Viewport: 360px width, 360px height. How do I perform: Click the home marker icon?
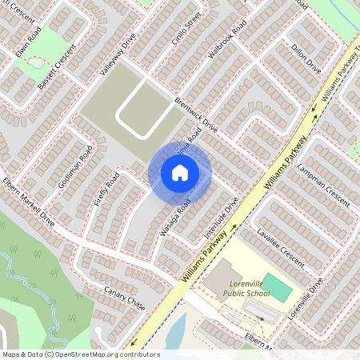coord(180,173)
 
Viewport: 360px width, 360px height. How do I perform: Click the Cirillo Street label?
coord(180,31)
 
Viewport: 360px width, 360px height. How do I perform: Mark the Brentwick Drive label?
coord(195,115)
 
